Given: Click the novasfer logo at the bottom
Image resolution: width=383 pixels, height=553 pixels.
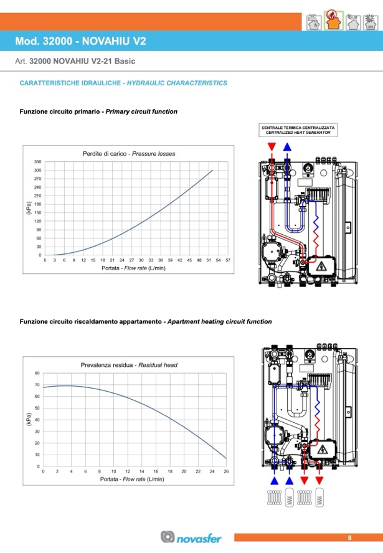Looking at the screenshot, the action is click(191, 537).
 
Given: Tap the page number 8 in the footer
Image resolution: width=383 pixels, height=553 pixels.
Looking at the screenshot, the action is click(350, 538).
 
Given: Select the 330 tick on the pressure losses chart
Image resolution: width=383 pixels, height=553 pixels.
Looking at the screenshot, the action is click(37, 162).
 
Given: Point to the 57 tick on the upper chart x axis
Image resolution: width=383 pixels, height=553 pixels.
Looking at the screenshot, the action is click(228, 260).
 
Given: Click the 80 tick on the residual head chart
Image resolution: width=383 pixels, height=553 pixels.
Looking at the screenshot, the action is click(37, 373).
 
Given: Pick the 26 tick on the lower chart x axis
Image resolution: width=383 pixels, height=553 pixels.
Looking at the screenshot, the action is click(226, 471).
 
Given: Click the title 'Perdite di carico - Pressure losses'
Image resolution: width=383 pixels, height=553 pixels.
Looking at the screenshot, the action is click(129, 154).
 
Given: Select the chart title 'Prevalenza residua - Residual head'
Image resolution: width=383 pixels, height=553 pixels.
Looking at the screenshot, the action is click(129, 365).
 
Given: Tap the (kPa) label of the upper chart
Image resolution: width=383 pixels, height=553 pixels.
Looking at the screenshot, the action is click(29, 208).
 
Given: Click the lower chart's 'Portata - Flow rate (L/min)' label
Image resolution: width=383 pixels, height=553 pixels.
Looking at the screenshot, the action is click(132, 479).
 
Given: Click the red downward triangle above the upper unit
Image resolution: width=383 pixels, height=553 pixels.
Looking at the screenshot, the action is click(272, 146).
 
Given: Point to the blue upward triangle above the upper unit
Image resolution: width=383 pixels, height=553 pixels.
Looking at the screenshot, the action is click(287, 146).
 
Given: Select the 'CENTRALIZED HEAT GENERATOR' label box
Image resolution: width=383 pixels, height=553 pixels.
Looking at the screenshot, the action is click(298, 130).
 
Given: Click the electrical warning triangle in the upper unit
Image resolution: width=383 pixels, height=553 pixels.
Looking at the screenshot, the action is click(321, 266).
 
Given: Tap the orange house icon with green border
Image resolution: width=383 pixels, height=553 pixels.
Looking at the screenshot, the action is click(333, 21).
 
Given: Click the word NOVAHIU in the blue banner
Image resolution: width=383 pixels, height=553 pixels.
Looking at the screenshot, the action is click(106, 41).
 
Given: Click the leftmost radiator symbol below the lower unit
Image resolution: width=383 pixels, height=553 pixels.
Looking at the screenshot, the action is click(275, 498).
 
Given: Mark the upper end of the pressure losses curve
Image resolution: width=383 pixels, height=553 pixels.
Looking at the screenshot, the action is click(212, 171).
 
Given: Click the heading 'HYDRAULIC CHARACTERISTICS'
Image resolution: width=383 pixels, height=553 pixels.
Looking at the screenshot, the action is click(177, 83).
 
